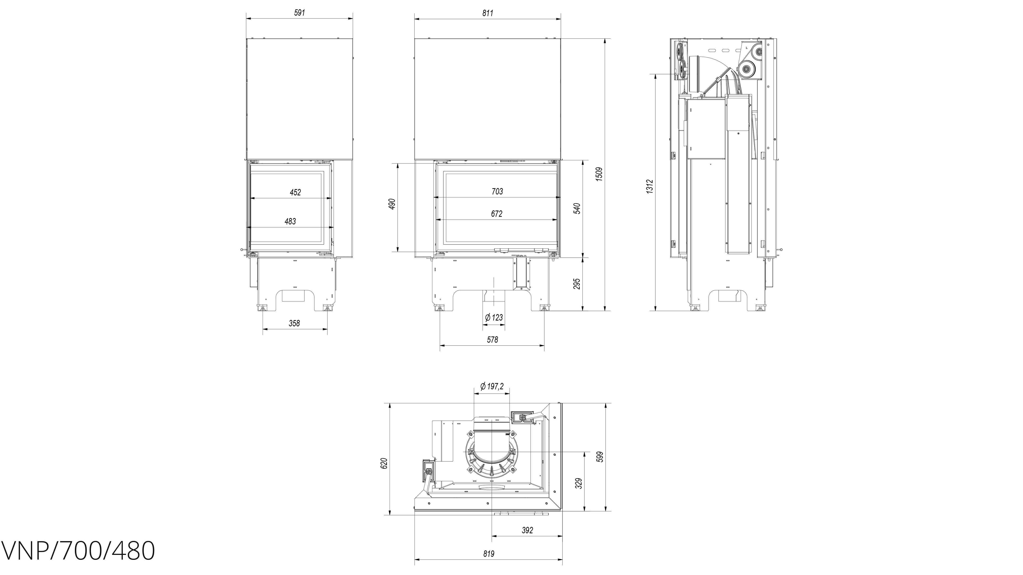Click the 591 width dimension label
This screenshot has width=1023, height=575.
[x=299, y=13]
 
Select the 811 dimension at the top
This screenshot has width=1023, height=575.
[x=488, y=13]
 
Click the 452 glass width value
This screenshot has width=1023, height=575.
[x=295, y=192]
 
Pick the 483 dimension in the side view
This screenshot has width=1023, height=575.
[x=290, y=221]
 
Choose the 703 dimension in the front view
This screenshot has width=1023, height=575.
[x=497, y=192]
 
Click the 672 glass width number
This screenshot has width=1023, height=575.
[x=497, y=214]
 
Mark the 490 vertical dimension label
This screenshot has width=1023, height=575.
[x=392, y=204]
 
